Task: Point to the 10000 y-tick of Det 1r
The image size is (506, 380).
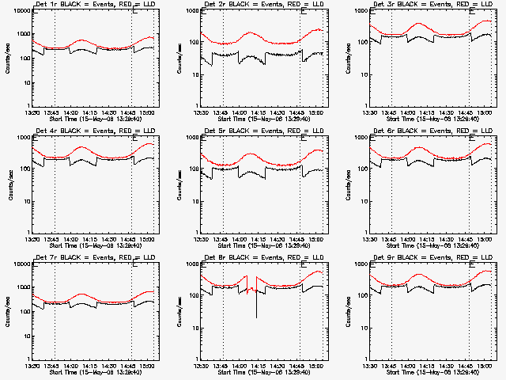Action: click(20, 11)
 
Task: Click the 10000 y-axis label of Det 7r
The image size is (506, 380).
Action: click(20, 264)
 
